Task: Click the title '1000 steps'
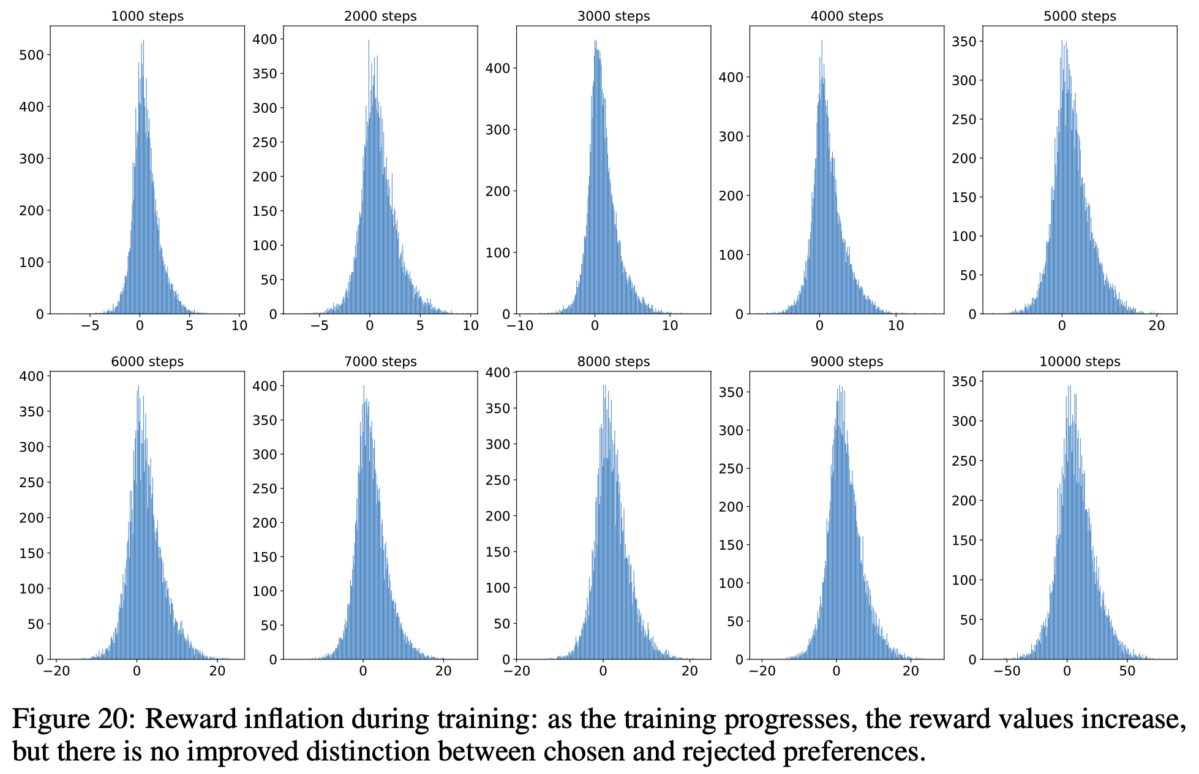click(147, 17)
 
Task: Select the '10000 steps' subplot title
click(1080, 362)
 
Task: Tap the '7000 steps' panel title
click(380, 362)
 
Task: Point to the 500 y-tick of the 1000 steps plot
click(32, 55)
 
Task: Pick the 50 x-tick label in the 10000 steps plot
click(1127, 671)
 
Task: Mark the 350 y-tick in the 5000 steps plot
click(963, 42)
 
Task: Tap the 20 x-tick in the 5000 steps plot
click(1157, 326)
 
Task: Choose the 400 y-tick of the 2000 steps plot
click(265, 39)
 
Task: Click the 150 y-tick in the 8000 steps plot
click(498, 552)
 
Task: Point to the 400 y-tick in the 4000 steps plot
click(731, 77)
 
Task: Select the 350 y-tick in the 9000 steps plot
click(731, 392)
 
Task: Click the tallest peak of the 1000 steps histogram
click(143, 42)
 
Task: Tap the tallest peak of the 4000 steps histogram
click(822, 42)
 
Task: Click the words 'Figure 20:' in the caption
click(73, 719)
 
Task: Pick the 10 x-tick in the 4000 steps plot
click(896, 326)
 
